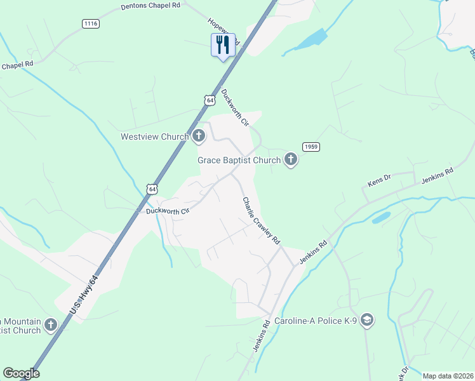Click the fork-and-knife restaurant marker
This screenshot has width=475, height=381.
223,45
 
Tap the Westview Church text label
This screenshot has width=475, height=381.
155,137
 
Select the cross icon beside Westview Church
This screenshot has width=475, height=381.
199,135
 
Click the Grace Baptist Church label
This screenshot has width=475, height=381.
239,160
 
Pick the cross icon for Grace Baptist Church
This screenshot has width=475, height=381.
291,159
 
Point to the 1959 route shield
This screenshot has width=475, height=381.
311,147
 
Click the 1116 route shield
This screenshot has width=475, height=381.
91,23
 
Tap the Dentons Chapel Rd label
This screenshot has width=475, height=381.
151,6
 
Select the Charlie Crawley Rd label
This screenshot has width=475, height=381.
260,220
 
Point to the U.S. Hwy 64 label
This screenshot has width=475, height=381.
84,293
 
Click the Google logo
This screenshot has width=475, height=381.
21,373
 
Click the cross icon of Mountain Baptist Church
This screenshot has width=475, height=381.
51,324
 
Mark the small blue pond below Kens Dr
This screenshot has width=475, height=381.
381,217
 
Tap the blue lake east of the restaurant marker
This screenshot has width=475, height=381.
310,39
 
